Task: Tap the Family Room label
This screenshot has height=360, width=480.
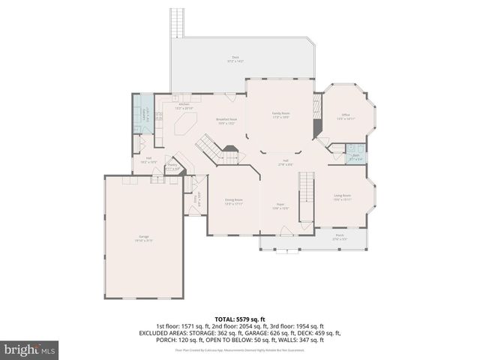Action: [x=280, y=114]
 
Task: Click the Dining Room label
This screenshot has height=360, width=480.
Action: [x=234, y=201]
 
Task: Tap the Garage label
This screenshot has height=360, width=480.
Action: [x=142, y=238]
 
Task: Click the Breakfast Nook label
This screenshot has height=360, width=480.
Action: [x=226, y=121]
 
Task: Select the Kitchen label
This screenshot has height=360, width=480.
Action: [x=184, y=106]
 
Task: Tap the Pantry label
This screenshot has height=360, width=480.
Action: [x=172, y=167]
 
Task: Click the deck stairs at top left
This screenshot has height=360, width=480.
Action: [x=177, y=22]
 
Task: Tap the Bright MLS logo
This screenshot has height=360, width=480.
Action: [x=29, y=349]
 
